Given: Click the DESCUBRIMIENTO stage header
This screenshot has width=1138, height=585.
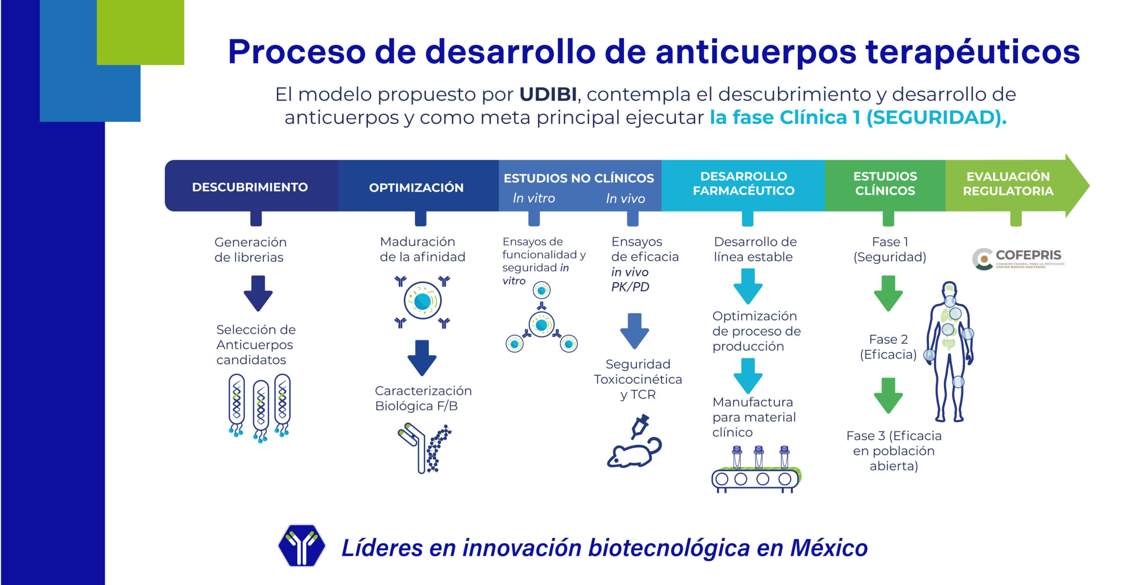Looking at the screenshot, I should pyautogui.click(x=250, y=187).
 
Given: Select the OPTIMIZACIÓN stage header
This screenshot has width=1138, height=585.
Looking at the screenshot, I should pyautogui.click(x=416, y=187).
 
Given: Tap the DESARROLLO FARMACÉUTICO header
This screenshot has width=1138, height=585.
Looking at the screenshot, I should pyautogui.click(x=743, y=183).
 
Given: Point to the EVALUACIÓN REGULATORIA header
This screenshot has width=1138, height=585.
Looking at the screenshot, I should pyautogui.click(x=1008, y=183).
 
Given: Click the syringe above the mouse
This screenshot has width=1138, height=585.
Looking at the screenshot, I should pyautogui.click(x=640, y=426).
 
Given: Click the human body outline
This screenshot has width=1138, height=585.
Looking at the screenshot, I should pyautogui.click(x=950, y=351).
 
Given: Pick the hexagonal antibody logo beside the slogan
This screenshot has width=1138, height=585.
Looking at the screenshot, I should pyautogui.click(x=301, y=546).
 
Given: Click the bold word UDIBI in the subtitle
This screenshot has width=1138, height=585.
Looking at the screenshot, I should pyautogui.click(x=548, y=94).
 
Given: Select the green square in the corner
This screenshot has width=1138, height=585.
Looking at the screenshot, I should pyautogui.click(x=140, y=32).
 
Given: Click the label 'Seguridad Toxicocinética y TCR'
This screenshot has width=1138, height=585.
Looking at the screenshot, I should pyautogui.click(x=638, y=379).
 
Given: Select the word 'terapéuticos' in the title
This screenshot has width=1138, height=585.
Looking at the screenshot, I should pyautogui.click(x=973, y=52).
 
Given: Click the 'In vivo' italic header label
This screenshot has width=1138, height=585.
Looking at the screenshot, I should pyautogui.click(x=625, y=198).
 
